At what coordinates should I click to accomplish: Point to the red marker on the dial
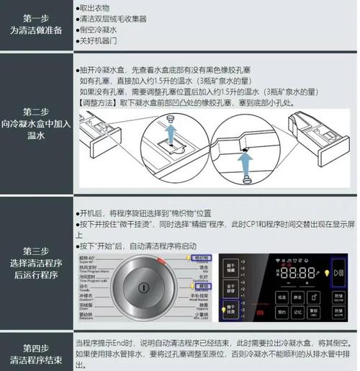(x=160, y=259)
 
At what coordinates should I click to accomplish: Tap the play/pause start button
(x=339, y=273)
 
